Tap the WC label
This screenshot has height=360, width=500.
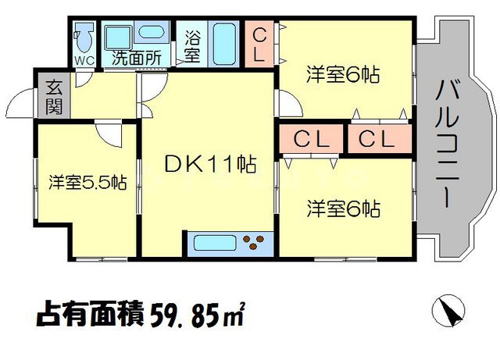[84, 59]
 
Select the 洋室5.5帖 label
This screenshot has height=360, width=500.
[88, 183]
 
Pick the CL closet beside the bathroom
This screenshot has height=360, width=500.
[260, 45]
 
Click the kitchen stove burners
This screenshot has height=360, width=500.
[255, 243]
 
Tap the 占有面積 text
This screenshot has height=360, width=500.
[91, 316]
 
